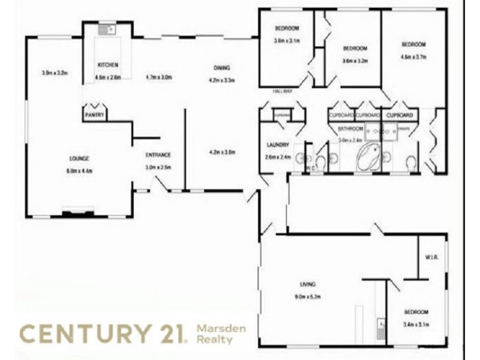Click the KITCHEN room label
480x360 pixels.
click(108, 65)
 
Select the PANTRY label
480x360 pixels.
click(95, 114)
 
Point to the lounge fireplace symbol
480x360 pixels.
click(79, 211)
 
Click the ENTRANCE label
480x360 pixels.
click(158, 155)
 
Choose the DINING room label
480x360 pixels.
click(221, 68)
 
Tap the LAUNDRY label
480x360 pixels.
click(278, 145)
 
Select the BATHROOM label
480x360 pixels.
click(350, 129)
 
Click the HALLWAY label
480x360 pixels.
click(282, 92)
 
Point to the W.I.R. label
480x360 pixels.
click(433, 257)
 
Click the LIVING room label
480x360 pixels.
click(308, 284)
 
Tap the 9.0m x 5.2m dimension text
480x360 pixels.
click(308, 296)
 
